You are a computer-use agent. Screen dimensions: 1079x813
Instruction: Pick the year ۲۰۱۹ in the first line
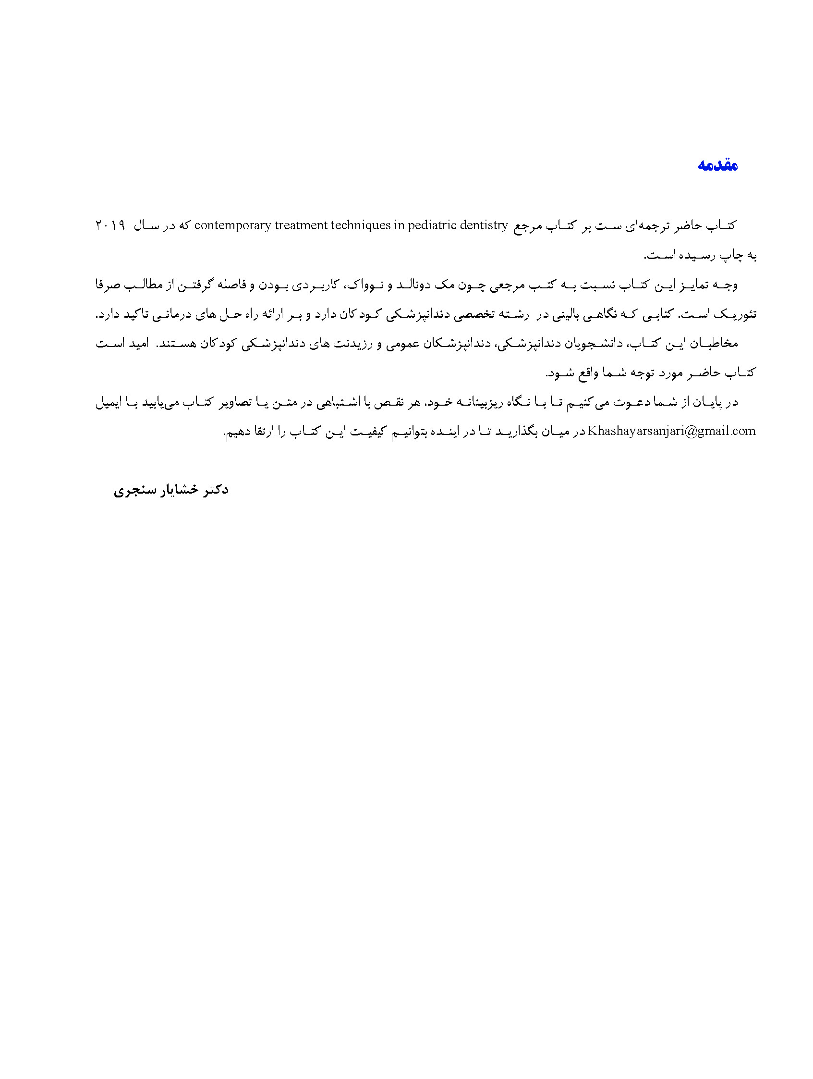[109, 226]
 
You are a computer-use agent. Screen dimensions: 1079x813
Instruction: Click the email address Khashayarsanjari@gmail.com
[672, 431]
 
